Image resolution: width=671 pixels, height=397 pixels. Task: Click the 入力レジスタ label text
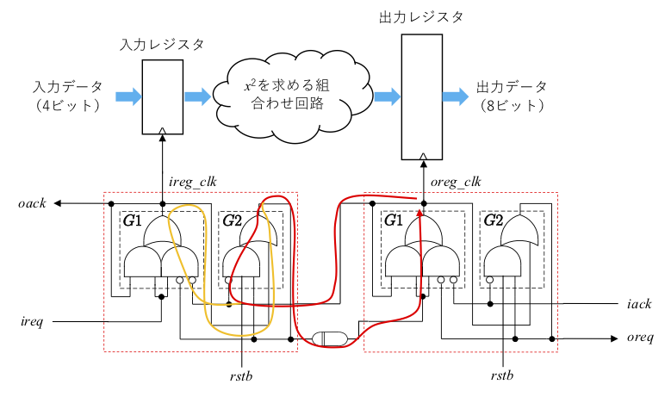coord(163,43)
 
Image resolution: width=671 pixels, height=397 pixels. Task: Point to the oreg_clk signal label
coord(454,183)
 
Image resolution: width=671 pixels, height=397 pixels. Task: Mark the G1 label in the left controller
coord(134,220)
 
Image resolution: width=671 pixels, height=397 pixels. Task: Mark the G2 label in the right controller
coord(494,220)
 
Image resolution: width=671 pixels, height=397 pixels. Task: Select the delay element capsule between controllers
coord(332,338)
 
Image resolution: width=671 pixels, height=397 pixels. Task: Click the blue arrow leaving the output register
coord(456,96)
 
